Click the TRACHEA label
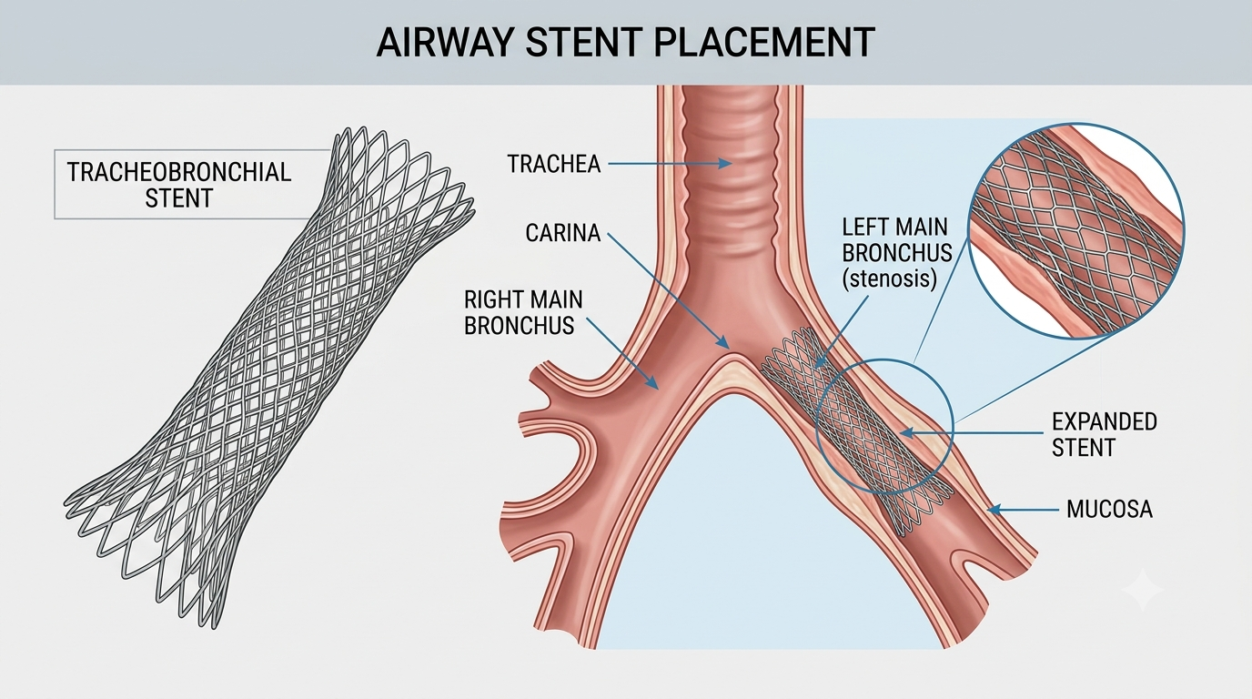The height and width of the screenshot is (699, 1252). click(553, 164)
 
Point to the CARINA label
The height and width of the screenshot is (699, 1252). click(563, 233)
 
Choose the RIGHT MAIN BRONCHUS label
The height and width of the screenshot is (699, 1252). click(523, 312)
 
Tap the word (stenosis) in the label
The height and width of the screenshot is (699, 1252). click(889, 278)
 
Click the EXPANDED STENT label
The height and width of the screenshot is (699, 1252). click(1105, 434)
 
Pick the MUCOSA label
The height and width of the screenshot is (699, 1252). click(1109, 510)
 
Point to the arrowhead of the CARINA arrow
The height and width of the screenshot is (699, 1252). click(724, 342)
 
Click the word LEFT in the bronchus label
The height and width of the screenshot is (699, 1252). click(866, 228)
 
